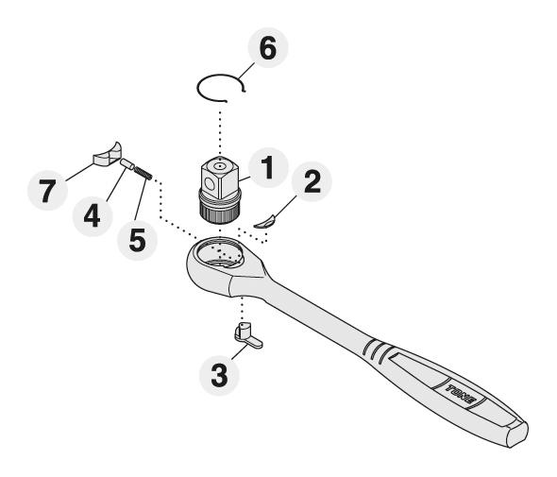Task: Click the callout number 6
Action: pos(268,48)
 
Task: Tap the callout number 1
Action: pos(268,168)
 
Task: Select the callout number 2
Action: pos(312,181)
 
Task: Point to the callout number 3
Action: pos(219,375)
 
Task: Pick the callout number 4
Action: pos(92,215)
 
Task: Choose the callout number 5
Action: pos(137,240)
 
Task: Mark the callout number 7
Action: pos(47,191)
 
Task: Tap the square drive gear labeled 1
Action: pos(220,189)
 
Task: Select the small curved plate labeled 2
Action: pos(265,222)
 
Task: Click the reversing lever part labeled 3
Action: pos(247,335)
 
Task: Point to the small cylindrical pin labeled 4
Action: pos(127,164)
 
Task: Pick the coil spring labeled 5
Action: pos(143,173)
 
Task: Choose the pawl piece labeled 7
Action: pos(108,155)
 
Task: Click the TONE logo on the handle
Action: pos(461,395)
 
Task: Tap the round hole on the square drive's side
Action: pos(209,185)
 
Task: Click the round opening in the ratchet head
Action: pos(220,253)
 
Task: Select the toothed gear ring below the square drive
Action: pos(220,213)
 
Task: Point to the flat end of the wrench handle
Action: pos(516,434)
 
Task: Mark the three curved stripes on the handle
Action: pos(376,351)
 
